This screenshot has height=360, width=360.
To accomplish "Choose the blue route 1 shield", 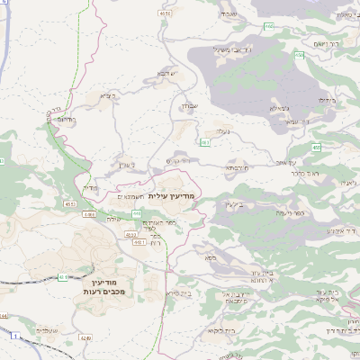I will pos(14,336).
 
